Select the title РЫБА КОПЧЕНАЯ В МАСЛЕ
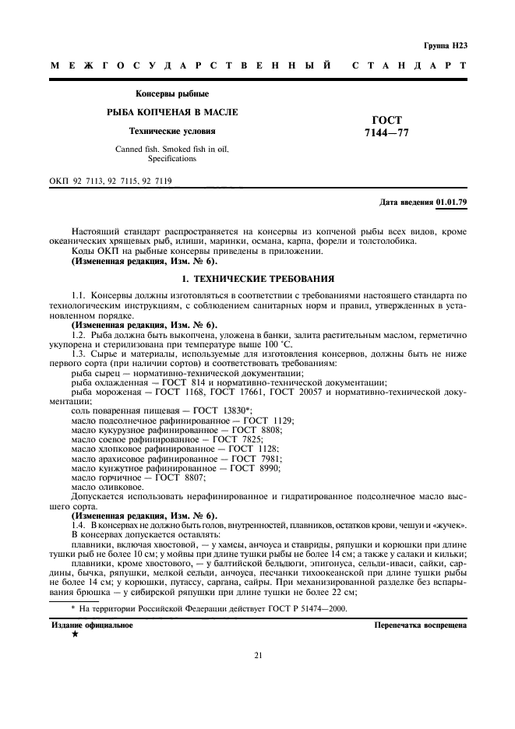[x=172, y=112]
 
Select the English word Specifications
[x=172, y=158]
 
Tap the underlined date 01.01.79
[x=452, y=202]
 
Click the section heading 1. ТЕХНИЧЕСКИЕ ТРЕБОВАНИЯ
[x=257, y=277]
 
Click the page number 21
[x=257, y=654]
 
